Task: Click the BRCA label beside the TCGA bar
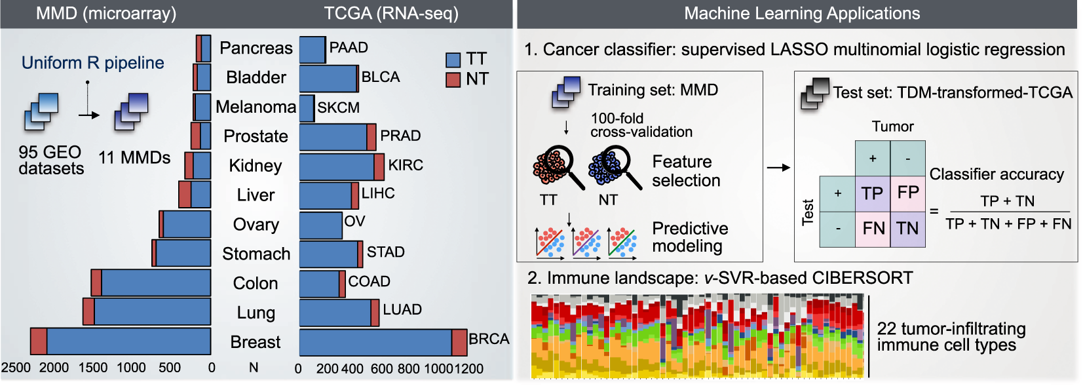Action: pos(489,339)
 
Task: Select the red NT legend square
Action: pos(453,80)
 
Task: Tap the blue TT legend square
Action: pos(453,60)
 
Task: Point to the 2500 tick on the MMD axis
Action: pos(16,368)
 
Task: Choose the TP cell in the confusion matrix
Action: pos(872,193)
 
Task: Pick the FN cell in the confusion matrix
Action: pos(873,228)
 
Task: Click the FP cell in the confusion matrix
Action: pos(907,193)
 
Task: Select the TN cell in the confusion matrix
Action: pos(907,228)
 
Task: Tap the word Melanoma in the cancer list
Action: pos(256,107)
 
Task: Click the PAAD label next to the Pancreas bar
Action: pos(349,48)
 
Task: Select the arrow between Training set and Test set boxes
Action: pos(778,168)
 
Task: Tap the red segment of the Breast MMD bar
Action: pos(39,341)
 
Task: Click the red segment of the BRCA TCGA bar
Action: pos(459,342)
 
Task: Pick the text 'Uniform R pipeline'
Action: pos(92,63)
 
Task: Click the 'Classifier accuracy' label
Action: pos(997,174)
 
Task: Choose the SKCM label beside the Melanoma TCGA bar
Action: pos(338,107)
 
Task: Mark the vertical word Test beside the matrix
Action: pos(808,212)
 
